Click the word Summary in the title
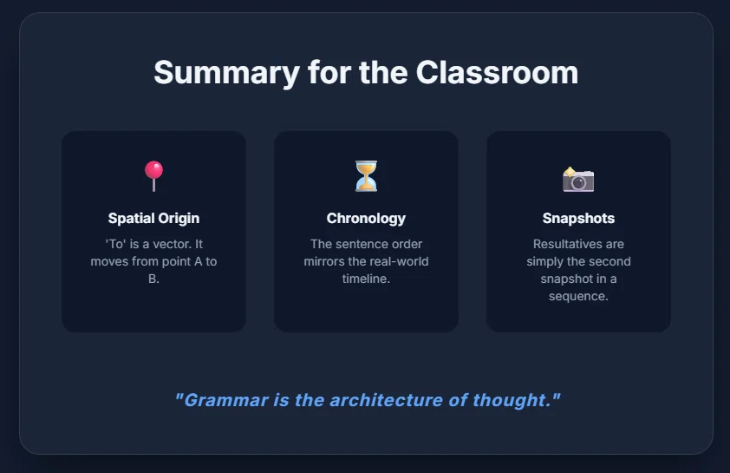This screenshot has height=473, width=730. [x=227, y=74]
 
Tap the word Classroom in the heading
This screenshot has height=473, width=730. [x=497, y=73]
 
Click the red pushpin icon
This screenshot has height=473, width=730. [x=153, y=175]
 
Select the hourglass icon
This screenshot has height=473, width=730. [x=366, y=176]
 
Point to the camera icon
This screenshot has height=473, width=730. [x=578, y=180]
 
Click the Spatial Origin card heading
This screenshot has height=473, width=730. [x=153, y=218]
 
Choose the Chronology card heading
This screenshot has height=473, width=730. [x=366, y=218]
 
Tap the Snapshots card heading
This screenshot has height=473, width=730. [x=578, y=218]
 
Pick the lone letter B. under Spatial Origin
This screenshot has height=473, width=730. [x=153, y=279]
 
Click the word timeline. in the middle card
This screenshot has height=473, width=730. [x=366, y=279]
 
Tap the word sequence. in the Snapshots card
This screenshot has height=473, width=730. [x=578, y=296]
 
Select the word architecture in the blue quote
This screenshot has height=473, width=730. [x=386, y=400]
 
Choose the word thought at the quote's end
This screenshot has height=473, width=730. [x=509, y=400]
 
